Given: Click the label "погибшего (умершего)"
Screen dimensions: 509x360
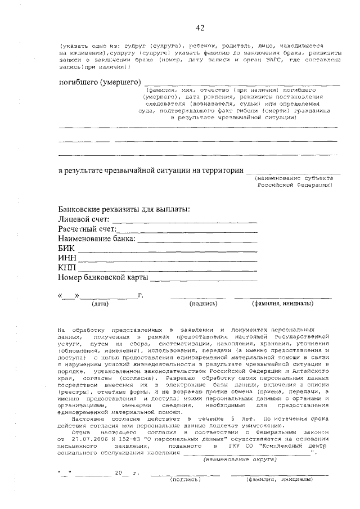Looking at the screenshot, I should pyautogui.click(x=100, y=83).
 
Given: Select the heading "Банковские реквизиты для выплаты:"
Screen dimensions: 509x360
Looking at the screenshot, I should pyautogui.click(x=124, y=210).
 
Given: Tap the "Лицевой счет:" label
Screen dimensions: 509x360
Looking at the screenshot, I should pyautogui.click(x=82, y=219).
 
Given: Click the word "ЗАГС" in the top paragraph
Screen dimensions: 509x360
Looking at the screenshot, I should pyautogui.click(x=259, y=59).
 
